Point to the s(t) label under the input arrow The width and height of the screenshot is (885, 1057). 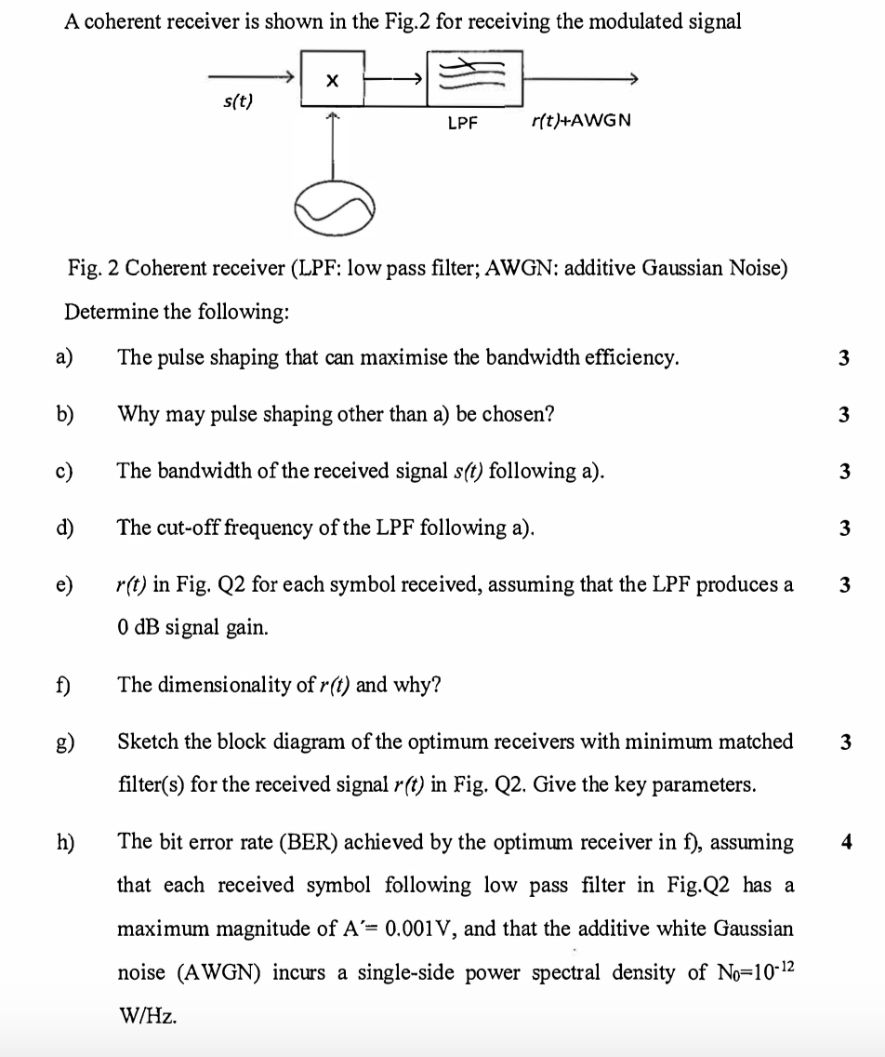point(240,101)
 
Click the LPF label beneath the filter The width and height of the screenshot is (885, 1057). point(462,121)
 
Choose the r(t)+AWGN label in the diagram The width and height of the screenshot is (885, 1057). point(581,120)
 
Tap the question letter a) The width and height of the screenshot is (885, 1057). point(66,357)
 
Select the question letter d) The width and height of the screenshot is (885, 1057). point(66,528)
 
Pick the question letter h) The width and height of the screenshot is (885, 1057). point(66,842)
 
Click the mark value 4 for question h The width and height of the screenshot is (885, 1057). point(844,843)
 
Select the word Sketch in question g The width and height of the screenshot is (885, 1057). point(143,742)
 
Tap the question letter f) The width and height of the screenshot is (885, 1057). point(66,686)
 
